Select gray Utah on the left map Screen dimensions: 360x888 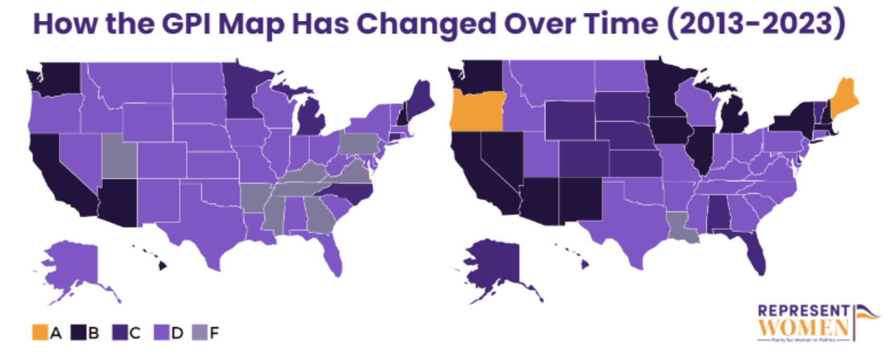[x=118, y=155]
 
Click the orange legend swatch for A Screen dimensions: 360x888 [x=40, y=332]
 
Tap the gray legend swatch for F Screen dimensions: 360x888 [x=200, y=332]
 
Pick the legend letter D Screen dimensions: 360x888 [x=177, y=333]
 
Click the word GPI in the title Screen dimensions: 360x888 [x=186, y=25]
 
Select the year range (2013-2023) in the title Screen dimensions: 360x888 [x=756, y=25]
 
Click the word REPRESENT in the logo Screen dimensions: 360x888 [x=803, y=311]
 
